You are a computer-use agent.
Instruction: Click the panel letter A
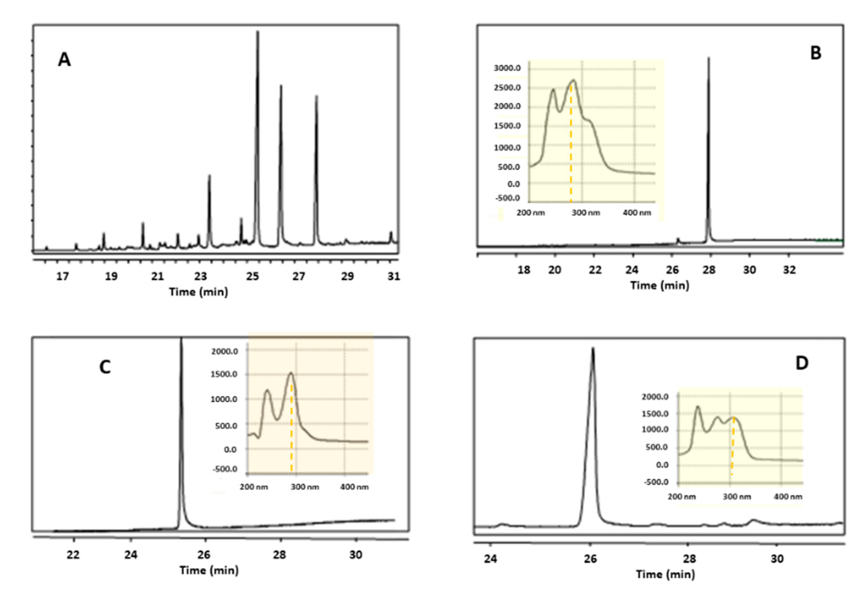[64, 59]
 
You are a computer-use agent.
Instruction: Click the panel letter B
[816, 53]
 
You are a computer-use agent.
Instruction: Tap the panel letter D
[802, 363]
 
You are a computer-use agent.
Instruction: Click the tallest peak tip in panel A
[258, 32]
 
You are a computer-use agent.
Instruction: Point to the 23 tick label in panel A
[201, 277]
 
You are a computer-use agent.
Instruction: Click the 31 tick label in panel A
[394, 277]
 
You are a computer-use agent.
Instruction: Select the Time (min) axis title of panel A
[198, 292]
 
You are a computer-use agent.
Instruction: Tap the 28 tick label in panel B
[709, 270]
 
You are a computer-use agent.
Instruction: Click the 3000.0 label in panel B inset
[507, 68]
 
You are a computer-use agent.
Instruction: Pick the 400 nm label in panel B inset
[637, 213]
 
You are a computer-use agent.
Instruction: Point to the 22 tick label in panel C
[74, 555]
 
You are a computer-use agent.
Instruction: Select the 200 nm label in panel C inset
[254, 487]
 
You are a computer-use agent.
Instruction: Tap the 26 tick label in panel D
[590, 559]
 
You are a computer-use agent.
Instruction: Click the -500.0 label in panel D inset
[656, 482]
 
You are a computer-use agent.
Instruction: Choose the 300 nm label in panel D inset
[736, 496]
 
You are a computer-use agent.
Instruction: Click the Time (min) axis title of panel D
[665, 574]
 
